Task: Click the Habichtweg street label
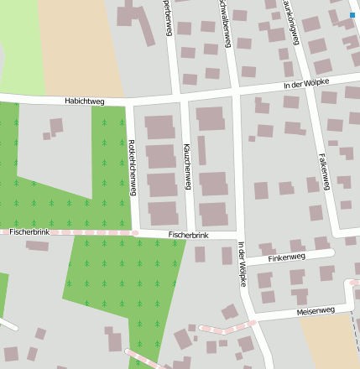(x=83, y=101)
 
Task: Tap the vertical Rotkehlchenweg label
(x=132, y=167)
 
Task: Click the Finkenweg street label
(x=287, y=258)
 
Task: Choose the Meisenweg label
(x=316, y=311)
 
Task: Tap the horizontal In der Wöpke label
(x=306, y=83)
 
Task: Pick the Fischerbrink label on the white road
(x=187, y=236)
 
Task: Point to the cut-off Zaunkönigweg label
(x=291, y=21)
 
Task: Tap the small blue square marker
(x=352, y=14)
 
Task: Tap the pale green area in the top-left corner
(x=21, y=50)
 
